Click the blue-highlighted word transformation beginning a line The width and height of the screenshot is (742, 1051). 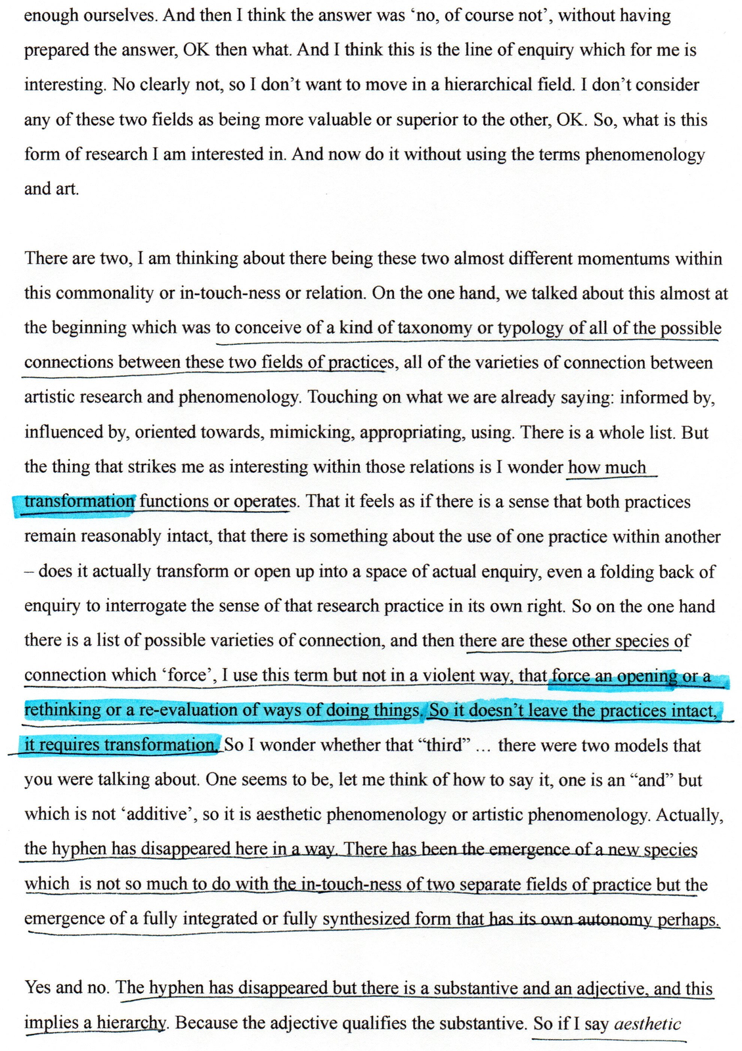79,502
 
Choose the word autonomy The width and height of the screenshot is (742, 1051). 617,918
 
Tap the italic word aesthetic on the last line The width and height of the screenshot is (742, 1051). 647,1023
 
